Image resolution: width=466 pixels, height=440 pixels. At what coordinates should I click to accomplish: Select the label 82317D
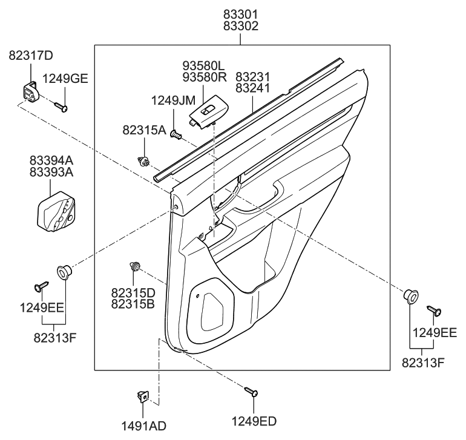[x=31, y=56]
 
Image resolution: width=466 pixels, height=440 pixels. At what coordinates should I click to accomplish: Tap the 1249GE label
[x=65, y=78]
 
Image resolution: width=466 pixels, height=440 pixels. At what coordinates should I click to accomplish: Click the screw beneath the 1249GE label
[x=60, y=107]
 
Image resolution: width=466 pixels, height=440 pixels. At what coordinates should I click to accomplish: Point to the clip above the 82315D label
[x=136, y=266]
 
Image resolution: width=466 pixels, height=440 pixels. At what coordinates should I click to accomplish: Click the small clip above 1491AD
[x=142, y=396]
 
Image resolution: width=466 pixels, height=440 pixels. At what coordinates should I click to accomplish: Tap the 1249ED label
[x=254, y=421]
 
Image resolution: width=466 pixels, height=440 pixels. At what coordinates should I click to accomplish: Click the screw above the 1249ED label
[x=251, y=392]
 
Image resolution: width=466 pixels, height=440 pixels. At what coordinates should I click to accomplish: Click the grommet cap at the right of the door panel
[x=411, y=297]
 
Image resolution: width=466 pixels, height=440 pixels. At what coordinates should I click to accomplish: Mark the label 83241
[x=253, y=89]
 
